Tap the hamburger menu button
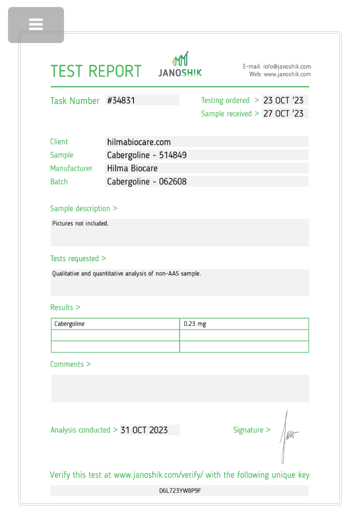pyautogui.click(x=36, y=24)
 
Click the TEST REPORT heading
pyautogui.click(x=96, y=71)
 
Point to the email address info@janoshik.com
pyautogui.click(x=287, y=66)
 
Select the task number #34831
pyautogui.click(x=121, y=100)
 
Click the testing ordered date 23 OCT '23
pyautogui.click(x=283, y=100)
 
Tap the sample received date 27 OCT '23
pyautogui.click(x=283, y=113)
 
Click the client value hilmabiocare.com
pyautogui.click(x=139, y=142)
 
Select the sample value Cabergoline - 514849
pyautogui.click(x=146, y=155)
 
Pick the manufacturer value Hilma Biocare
pyautogui.click(x=132, y=168)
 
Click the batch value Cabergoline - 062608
pyautogui.click(x=146, y=181)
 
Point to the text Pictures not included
pyautogui.click(x=80, y=223)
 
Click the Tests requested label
pyautogui.click(x=78, y=258)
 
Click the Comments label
pyautogui.click(x=70, y=364)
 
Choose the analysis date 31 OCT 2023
pyautogui.click(x=144, y=430)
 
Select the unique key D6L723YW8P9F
pyautogui.click(x=180, y=490)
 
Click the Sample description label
pyautogui.click(x=83, y=208)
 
